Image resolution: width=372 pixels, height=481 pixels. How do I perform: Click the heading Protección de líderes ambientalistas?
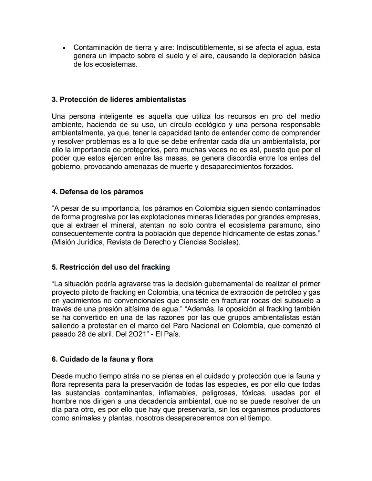119,100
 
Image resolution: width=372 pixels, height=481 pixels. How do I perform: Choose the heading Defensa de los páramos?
97,192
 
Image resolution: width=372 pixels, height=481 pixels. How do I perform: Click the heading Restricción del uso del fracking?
111,267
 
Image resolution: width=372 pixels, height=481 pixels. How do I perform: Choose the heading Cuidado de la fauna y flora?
102,359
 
